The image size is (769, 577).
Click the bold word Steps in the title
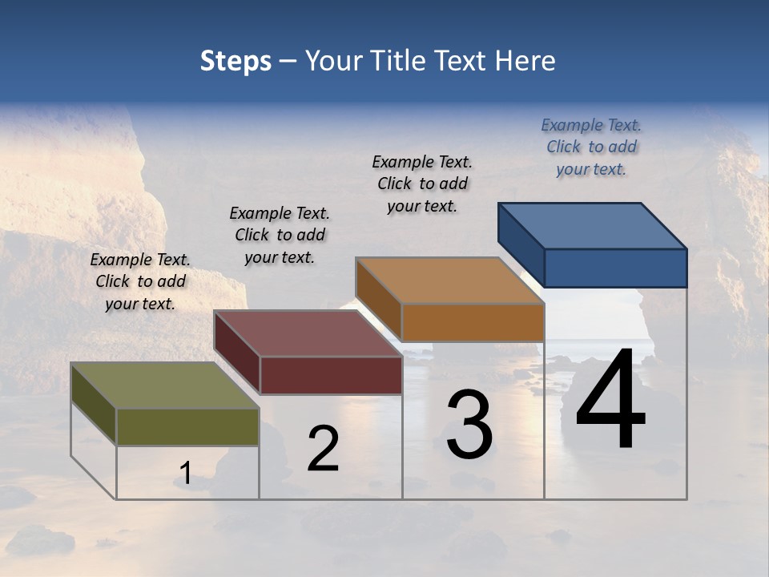236,62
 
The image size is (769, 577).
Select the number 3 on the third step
469,425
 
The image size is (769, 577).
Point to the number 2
324,450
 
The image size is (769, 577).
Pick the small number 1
185,474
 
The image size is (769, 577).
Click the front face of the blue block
615,268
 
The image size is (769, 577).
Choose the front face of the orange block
473,322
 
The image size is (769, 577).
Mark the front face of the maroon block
331,375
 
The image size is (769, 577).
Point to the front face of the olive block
187,426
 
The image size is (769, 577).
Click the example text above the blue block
591,147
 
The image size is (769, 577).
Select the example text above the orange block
422,184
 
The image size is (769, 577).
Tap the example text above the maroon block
280,235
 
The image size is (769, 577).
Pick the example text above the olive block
140,281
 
